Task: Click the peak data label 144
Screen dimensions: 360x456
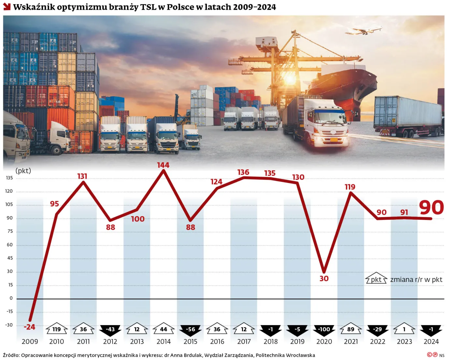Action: (x=163, y=165)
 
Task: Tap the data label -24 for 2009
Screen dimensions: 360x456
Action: (x=29, y=327)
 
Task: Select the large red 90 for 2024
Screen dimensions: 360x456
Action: (x=431, y=207)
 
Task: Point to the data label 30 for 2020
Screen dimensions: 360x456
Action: (x=324, y=278)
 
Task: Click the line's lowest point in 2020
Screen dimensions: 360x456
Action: (x=324, y=272)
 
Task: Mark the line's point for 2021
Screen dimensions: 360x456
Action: (x=351, y=193)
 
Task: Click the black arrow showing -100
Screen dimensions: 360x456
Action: (x=324, y=330)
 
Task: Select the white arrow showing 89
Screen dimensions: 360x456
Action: (x=351, y=329)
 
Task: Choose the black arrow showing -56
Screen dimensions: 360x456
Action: (x=191, y=330)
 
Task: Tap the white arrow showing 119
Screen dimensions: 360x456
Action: (x=57, y=329)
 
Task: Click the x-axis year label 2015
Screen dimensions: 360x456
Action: (x=191, y=341)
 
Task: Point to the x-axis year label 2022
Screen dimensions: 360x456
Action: (x=378, y=341)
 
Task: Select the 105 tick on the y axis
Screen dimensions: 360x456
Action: (x=9, y=204)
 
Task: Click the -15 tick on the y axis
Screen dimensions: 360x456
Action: (x=10, y=312)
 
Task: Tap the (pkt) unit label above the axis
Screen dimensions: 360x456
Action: (x=23, y=171)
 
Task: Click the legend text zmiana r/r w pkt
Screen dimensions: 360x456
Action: (x=416, y=280)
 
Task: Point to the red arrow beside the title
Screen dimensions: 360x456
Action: (x=7, y=7)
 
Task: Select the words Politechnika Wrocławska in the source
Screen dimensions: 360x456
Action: (x=285, y=355)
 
